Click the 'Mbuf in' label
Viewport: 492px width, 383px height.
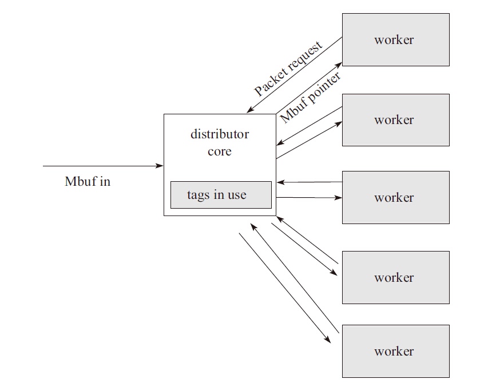88,182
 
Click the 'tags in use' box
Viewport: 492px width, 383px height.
220,195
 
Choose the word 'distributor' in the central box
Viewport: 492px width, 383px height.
220,135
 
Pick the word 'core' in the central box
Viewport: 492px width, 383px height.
220,152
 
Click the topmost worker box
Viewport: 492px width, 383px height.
395,39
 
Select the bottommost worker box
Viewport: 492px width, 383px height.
395,351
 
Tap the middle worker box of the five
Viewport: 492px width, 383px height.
395,197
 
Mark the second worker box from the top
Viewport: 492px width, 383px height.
395,119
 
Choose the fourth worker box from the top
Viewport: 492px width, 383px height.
395,277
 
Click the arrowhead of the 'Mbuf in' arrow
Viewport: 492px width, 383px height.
160,166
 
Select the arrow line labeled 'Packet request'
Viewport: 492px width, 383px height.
295,75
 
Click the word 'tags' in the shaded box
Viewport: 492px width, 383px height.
197,195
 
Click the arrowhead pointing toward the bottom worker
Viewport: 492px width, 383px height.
328,340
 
